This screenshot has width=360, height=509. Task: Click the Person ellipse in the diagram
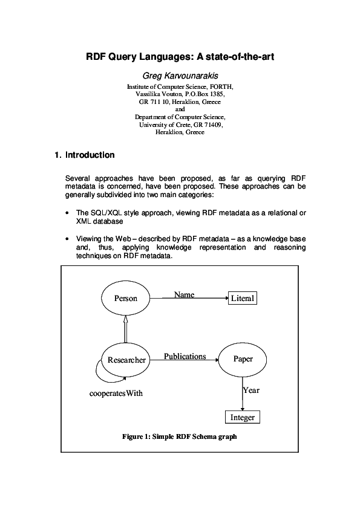126,298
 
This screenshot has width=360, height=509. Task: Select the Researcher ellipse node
126,360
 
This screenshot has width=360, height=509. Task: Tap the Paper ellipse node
243,359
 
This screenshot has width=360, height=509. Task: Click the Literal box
242,299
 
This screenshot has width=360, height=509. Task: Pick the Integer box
242,417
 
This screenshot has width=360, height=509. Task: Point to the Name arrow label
184,294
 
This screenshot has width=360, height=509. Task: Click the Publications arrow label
185,356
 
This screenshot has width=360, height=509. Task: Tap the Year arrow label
251,390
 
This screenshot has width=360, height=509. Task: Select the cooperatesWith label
116,394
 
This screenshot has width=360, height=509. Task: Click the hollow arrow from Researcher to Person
126,329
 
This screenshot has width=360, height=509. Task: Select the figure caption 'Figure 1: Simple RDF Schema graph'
179,436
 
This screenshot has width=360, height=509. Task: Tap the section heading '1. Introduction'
84,155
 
